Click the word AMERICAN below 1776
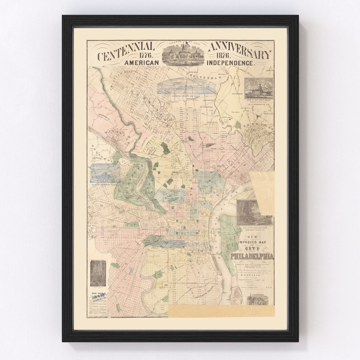tap(140, 63)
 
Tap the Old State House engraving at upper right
tap(259, 89)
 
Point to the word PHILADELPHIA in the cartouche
tap(252, 256)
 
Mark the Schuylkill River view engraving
tap(254, 213)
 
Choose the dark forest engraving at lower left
tap(98, 273)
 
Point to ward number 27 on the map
tap(126, 264)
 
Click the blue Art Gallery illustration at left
tap(105, 173)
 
